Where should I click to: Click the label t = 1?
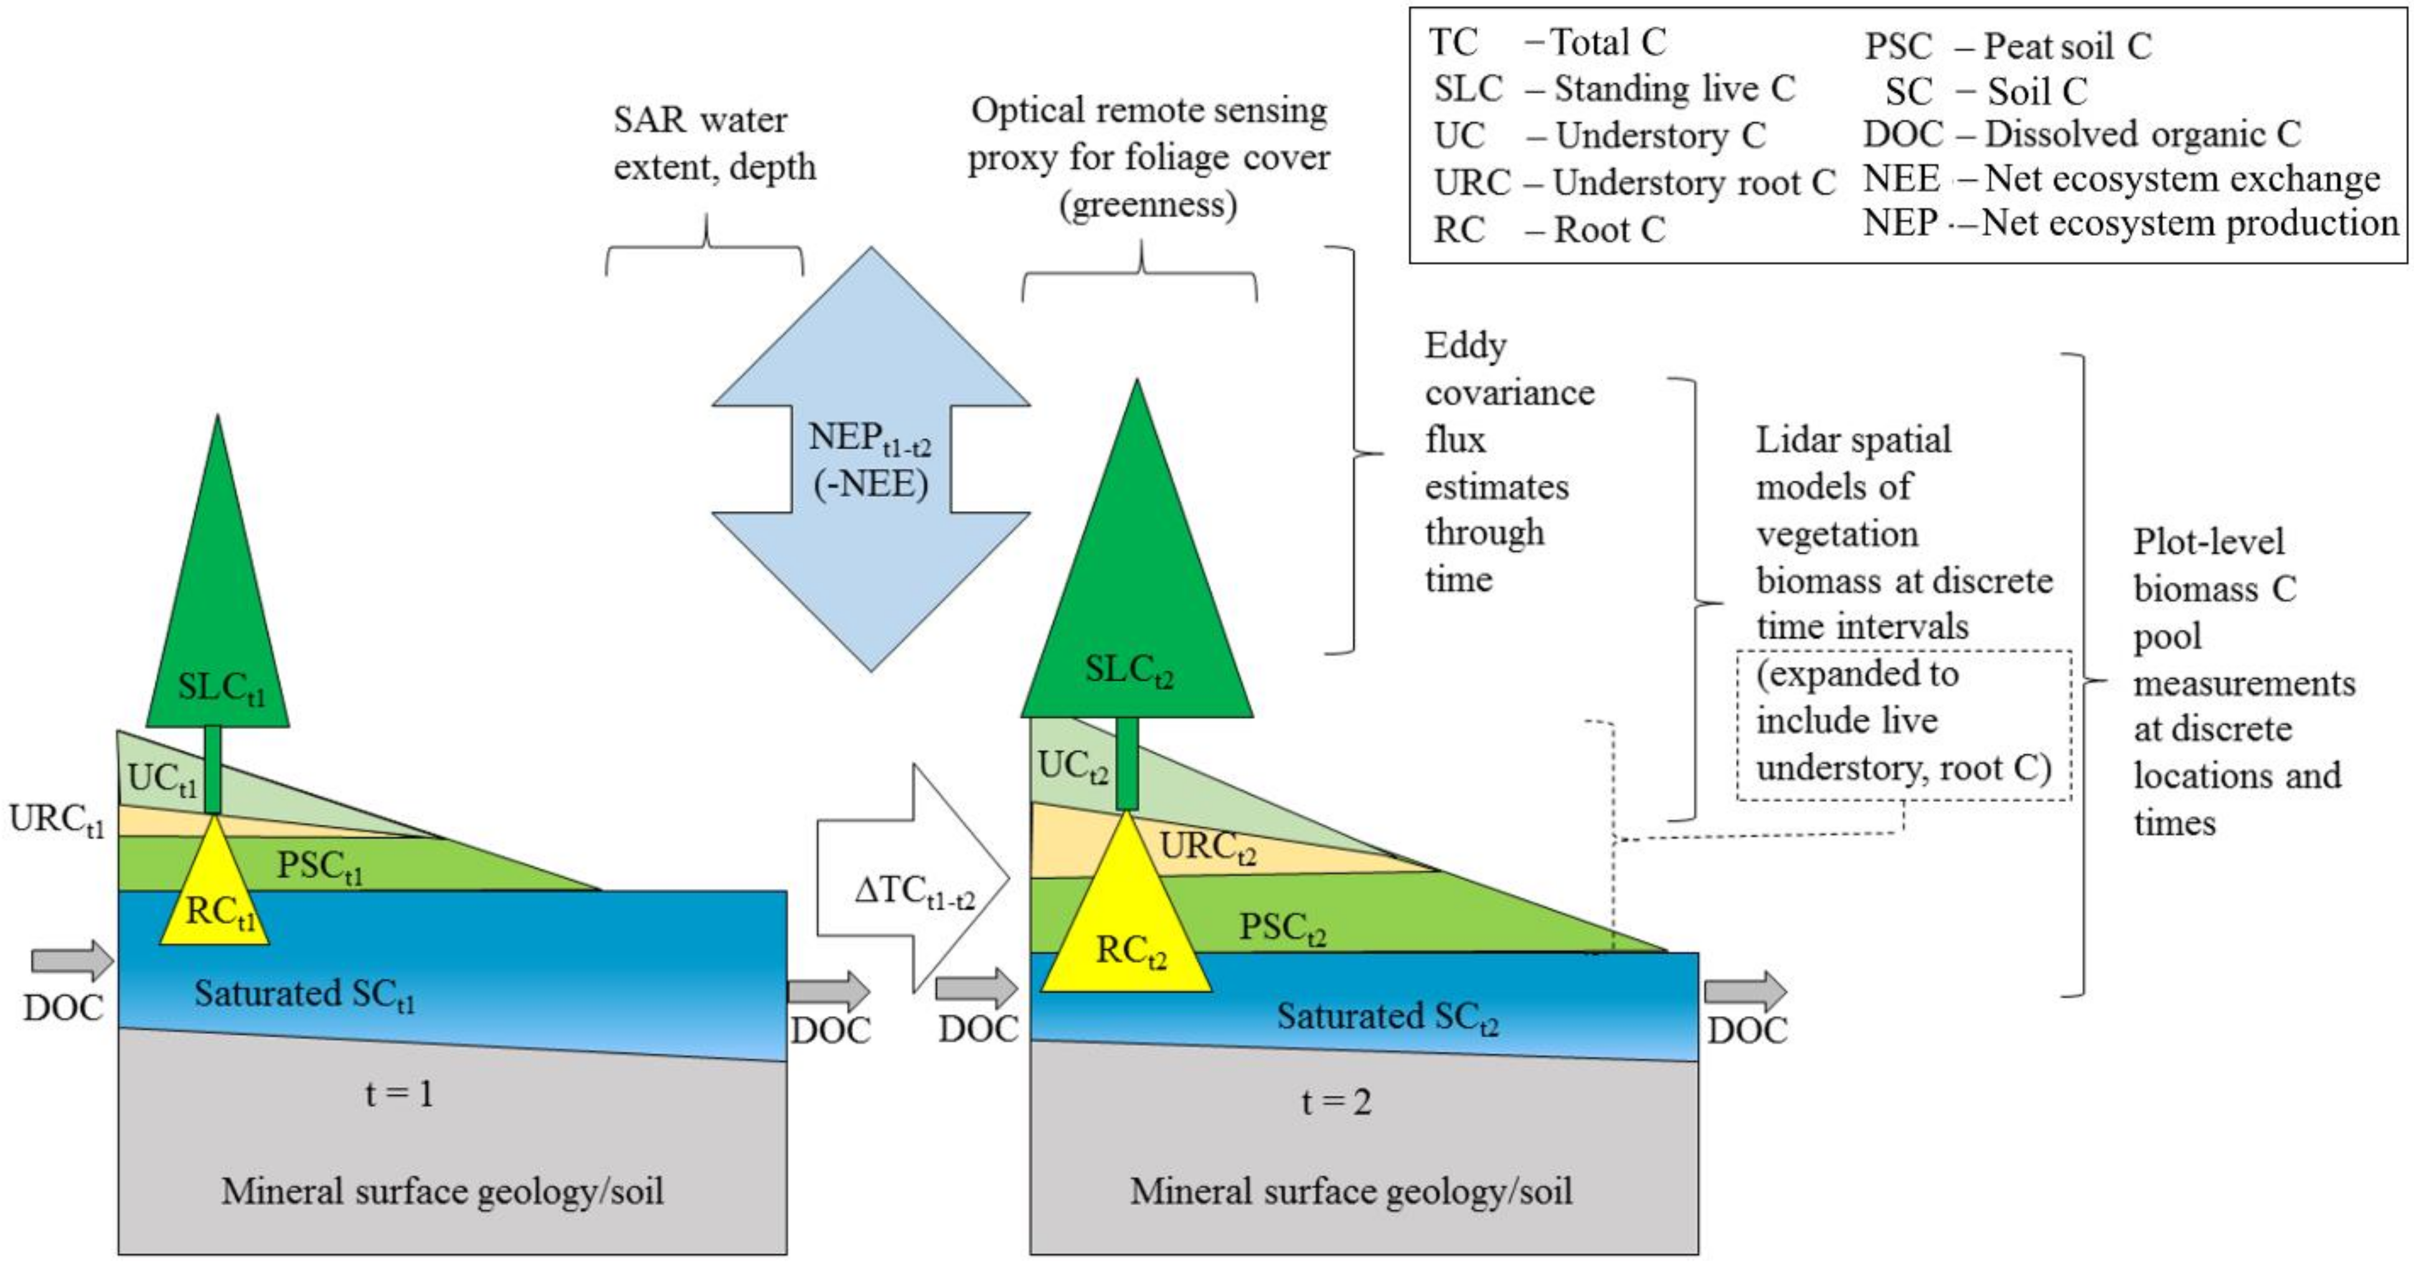click(x=399, y=1094)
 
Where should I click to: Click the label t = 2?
click(x=1336, y=1101)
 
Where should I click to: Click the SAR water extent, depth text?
click(x=714, y=143)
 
